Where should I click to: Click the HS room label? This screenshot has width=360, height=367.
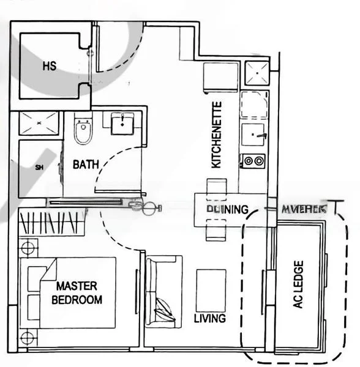(50, 66)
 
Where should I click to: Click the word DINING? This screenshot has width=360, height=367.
(227, 209)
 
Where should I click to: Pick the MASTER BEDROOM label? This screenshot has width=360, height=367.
(77, 292)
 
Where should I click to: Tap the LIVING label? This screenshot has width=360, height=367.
(209, 319)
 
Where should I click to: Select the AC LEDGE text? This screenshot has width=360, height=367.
(298, 285)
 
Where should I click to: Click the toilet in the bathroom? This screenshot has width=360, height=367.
(82, 131)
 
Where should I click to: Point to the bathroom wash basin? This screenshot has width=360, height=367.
(125, 124)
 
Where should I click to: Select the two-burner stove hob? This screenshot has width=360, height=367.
(253, 161)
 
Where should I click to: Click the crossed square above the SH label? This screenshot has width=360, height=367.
(38, 124)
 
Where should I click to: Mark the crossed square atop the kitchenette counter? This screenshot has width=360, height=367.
(257, 75)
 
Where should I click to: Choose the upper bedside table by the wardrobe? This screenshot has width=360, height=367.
(27, 248)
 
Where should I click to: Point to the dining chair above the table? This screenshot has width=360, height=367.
(215, 186)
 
